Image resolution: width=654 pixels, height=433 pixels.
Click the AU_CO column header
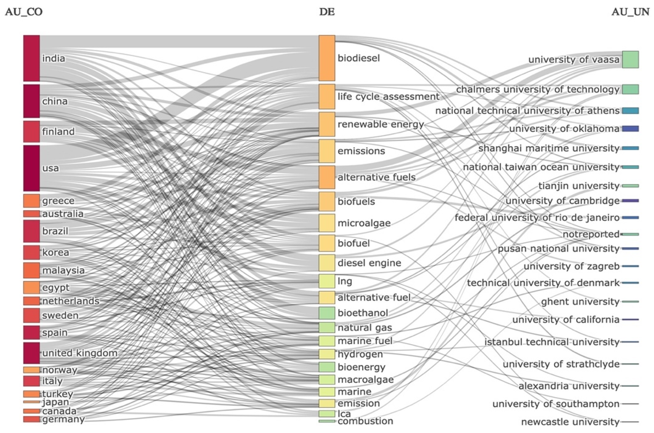pyautogui.click(x=24, y=12)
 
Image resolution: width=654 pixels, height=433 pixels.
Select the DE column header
pyautogui.click(x=327, y=12)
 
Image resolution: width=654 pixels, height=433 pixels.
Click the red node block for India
pyautogui.click(x=31, y=58)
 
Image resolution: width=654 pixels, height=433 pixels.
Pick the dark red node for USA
pyautogui.click(x=31, y=168)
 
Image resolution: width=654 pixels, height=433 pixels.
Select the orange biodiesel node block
pyautogui.click(x=327, y=58)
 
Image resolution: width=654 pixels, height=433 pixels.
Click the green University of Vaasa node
pyautogui.click(x=630, y=59)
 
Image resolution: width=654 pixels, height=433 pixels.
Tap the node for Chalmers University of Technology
pyautogui.click(x=630, y=89)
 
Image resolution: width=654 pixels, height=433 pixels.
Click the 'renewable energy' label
pyautogui.click(x=381, y=124)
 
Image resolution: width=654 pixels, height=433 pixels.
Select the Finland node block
pyautogui.click(x=31, y=131)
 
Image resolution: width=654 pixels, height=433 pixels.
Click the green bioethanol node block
pyautogui.click(x=327, y=313)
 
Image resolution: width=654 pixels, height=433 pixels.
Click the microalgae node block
pyautogui.click(x=327, y=223)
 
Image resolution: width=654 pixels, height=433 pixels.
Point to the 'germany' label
pyautogui.click(x=63, y=419)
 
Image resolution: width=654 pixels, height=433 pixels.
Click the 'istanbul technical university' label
pyautogui.click(x=552, y=342)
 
